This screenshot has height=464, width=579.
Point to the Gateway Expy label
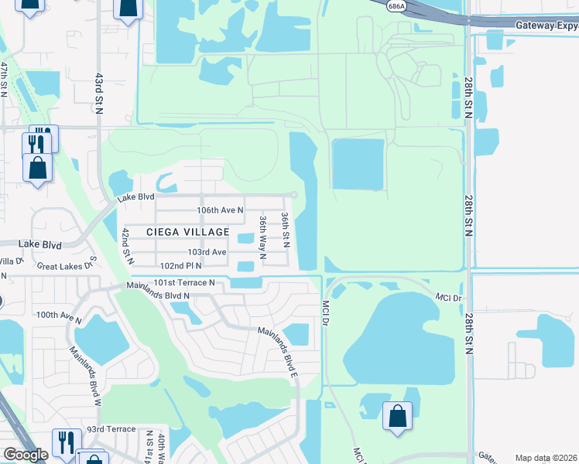[546, 25]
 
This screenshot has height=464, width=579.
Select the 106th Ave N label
[220, 210]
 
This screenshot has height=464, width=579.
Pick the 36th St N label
[285, 230]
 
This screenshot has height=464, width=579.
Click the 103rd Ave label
[207, 252]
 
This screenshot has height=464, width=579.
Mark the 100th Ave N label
[58, 315]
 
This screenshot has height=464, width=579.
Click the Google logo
[26, 455]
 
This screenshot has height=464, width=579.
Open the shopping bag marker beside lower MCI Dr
[397, 416]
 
